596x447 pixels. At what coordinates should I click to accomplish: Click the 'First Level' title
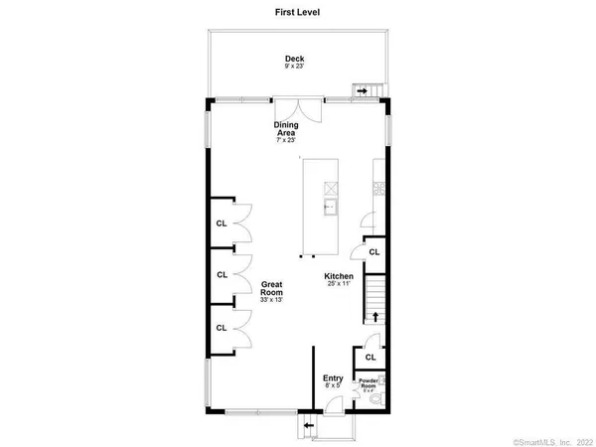coord(298,13)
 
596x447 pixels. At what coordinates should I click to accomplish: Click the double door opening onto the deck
coord(298,108)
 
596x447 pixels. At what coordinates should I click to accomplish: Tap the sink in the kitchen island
coord(329,207)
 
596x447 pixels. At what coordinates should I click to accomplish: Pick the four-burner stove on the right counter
coord(377,186)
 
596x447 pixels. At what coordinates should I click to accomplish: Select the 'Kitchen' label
coord(339,276)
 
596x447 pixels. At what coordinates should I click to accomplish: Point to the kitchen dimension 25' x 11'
coord(339,285)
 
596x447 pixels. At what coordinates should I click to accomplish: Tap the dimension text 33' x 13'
coord(273,300)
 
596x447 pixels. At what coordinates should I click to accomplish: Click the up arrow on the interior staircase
coord(376,316)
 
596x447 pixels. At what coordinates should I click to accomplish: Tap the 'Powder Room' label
coord(369,382)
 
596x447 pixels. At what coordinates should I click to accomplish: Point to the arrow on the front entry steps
coord(308,426)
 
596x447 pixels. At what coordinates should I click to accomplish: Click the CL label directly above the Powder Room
coord(370,357)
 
